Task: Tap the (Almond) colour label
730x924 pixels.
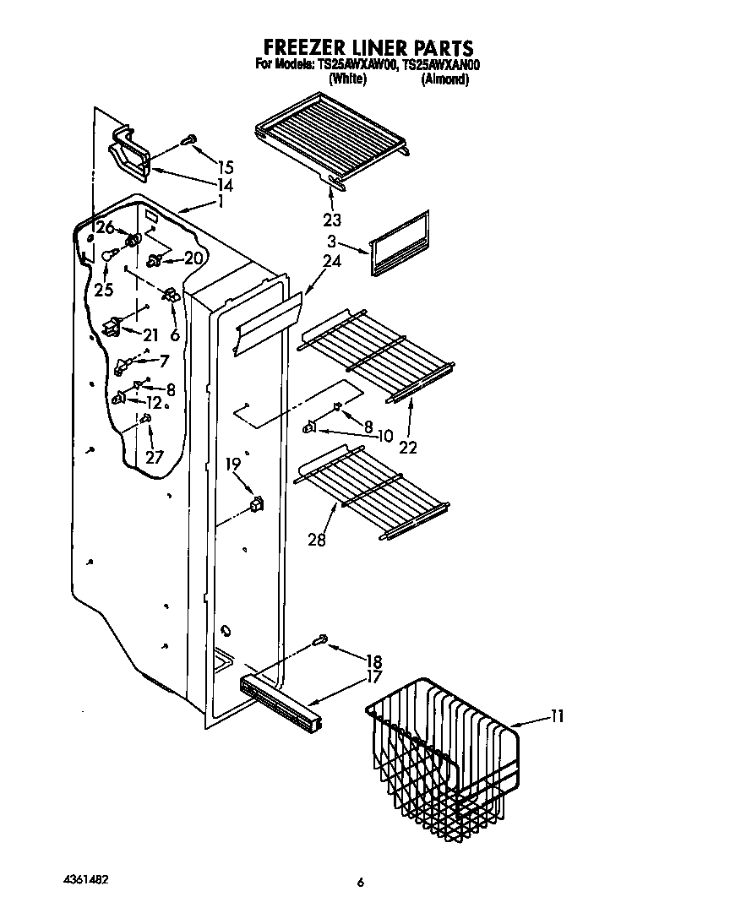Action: click(444, 79)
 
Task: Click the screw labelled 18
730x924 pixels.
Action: click(319, 643)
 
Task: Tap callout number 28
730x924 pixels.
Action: click(316, 540)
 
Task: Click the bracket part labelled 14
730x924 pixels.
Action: click(128, 154)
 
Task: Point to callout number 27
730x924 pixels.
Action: click(153, 458)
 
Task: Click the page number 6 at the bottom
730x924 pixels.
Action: click(361, 883)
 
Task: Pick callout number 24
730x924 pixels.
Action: click(332, 261)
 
